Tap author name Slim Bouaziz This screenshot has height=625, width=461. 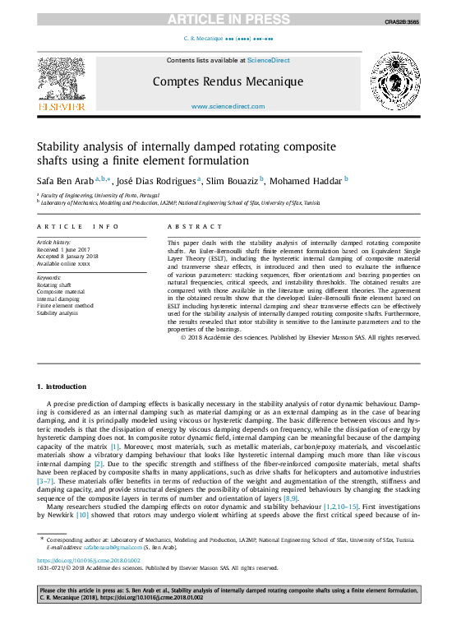(231, 180)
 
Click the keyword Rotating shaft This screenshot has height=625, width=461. (55, 285)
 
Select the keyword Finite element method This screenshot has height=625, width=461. (66, 306)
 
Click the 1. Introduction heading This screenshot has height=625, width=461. (62, 387)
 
